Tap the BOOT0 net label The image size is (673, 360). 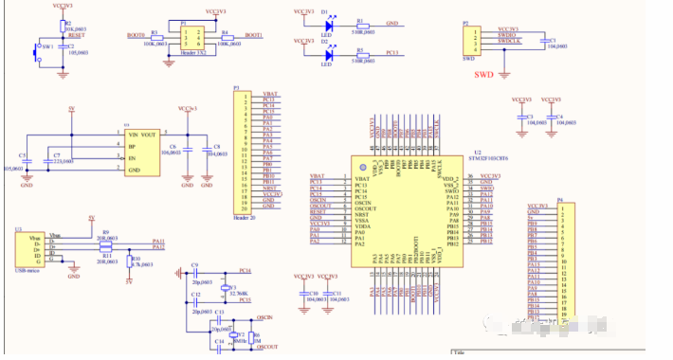coord(136,34)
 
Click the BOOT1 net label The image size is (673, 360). coord(253,34)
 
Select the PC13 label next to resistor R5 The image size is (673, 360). coord(391,52)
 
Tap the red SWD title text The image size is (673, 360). coord(483,73)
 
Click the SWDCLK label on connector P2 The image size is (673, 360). coord(509,42)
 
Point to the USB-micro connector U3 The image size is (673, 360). coord(27,248)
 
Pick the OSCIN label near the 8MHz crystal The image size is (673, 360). coord(265,317)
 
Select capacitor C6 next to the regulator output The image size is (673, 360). coord(188,149)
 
